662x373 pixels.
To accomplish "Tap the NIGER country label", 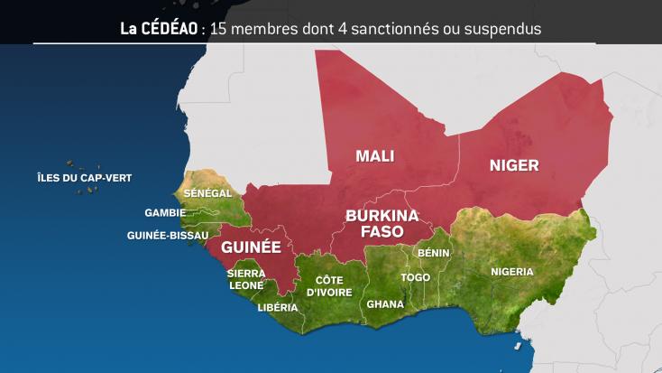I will click(x=513, y=164).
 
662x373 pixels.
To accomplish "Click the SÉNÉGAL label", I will click(x=207, y=193).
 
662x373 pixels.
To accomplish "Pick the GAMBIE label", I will click(x=165, y=214).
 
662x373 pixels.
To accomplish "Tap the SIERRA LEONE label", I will click(x=245, y=278).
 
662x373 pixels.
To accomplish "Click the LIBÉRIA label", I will click(x=277, y=307).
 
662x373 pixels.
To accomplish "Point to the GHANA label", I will click(x=385, y=304).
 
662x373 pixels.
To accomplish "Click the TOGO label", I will click(x=416, y=277).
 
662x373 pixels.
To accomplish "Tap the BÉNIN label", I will click(x=433, y=254).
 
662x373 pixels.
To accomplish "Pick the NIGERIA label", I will click(x=511, y=272).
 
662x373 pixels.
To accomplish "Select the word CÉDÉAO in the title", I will click(x=171, y=28).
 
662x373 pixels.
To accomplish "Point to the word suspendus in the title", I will click(x=504, y=28).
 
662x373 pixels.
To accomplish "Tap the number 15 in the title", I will click(x=217, y=28).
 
